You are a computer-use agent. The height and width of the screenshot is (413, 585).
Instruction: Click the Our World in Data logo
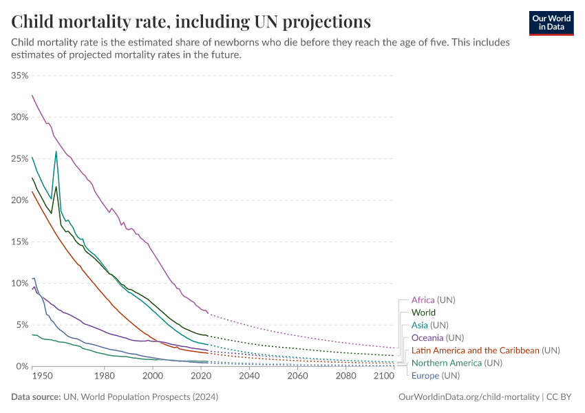click(x=551, y=23)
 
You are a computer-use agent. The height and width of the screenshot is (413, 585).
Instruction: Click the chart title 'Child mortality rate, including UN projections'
click(x=191, y=21)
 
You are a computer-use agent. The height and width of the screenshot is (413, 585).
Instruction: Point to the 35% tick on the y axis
click(x=19, y=75)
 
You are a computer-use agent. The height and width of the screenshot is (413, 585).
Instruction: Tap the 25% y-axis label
click(x=19, y=158)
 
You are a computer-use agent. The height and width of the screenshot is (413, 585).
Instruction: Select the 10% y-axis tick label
click(x=19, y=283)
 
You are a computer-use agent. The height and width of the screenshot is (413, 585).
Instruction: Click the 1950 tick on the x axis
click(x=41, y=377)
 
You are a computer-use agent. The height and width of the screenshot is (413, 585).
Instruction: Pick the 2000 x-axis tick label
click(x=152, y=377)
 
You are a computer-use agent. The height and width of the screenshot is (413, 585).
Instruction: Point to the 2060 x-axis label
click(x=297, y=377)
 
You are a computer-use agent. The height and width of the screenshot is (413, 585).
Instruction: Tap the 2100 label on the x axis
click(x=384, y=377)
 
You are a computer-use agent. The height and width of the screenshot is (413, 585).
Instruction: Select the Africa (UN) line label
click(x=433, y=300)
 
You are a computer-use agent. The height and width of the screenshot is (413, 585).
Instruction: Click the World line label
click(x=423, y=313)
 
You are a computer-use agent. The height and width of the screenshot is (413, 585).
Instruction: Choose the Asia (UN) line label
click(x=429, y=325)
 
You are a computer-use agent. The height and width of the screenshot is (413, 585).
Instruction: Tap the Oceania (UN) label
click(x=437, y=338)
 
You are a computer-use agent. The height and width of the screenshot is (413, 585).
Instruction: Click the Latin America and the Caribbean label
click(x=476, y=350)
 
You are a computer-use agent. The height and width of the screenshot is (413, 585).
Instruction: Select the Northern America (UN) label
click(x=456, y=363)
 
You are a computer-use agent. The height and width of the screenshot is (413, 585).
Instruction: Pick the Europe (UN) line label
click(x=435, y=375)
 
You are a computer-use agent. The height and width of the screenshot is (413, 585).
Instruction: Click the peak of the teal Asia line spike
click(x=56, y=151)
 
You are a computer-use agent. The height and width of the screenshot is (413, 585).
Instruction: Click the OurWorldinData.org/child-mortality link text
click(x=469, y=397)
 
